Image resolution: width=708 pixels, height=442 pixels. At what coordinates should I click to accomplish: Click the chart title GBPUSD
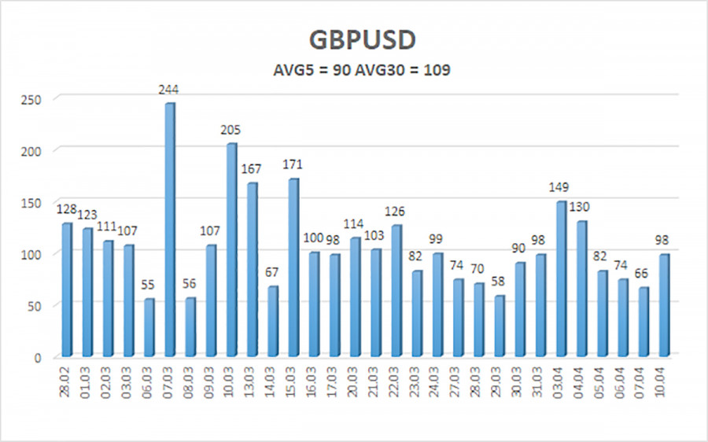click(355, 39)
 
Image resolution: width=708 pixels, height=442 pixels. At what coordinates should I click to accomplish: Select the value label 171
click(293, 164)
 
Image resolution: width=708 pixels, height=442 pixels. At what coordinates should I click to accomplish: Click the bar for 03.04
click(561, 279)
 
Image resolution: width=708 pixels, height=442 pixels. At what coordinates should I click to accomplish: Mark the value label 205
click(231, 130)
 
